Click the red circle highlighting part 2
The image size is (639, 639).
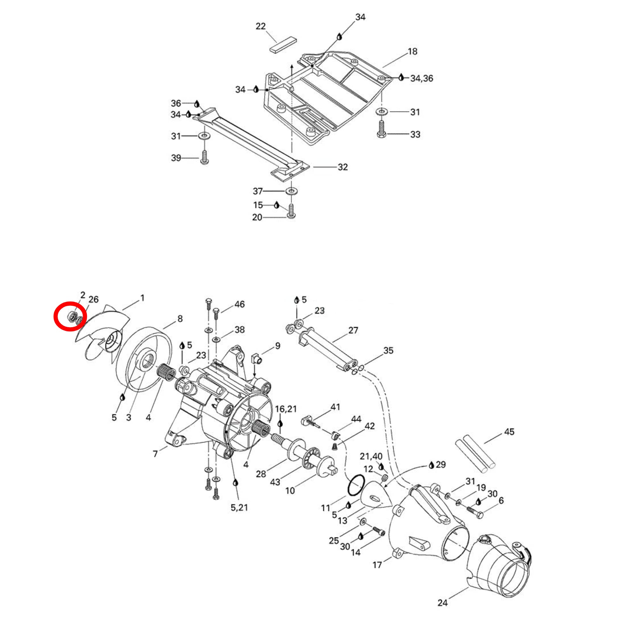tap(70, 316)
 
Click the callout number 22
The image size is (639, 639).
tap(261, 26)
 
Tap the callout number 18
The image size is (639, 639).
tap(412, 51)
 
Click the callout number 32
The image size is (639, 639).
tap(343, 167)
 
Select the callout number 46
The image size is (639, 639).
tap(239, 304)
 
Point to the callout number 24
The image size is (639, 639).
tap(442, 603)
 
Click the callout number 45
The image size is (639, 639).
tap(509, 432)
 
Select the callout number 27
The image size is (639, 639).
tap(353, 330)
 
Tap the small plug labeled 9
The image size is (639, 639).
tap(257, 358)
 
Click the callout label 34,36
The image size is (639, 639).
tap(422, 78)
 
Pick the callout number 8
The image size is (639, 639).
tap(180, 319)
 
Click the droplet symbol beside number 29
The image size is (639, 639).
tap(431, 466)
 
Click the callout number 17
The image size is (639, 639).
tap(377, 565)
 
